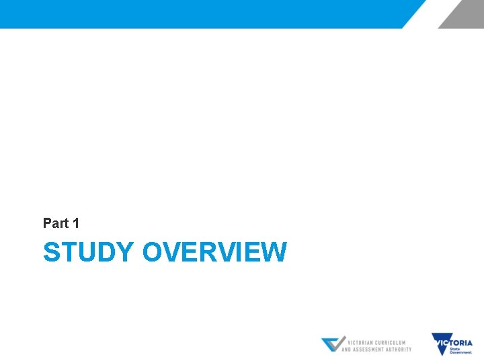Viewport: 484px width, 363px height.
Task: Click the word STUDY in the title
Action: pyautogui.click(x=88, y=253)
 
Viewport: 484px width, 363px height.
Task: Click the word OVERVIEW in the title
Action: pyautogui.click(x=214, y=253)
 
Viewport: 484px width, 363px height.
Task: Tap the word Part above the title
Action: pyautogui.click(x=55, y=223)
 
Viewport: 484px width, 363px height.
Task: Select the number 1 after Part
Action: pyautogui.click(x=75, y=223)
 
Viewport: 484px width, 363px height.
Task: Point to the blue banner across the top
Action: pyautogui.click(x=202, y=13)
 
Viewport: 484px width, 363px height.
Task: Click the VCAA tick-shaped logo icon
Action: pyautogui.click(x=332, y=344)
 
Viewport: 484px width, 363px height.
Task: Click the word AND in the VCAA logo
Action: pyautogui.click(x=347, y=350)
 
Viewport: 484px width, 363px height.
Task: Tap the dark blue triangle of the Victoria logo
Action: pyautogui.click(x=441, y=345)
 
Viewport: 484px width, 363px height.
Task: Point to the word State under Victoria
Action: pyautogui.click(x=454, y=349)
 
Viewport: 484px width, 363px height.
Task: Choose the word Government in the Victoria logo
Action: pyautogui.click(x=461, y=352)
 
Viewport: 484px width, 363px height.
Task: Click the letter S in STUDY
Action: pyautogui.click(x=51, y=253)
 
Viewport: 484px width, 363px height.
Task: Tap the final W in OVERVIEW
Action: pyautogui.click(x=275, y=253)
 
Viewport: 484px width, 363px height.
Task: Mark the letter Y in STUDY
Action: pyautogui.click(x=126, y=253)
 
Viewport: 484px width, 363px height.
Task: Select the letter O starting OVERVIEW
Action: pyautogui.click(x=153, y=253)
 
